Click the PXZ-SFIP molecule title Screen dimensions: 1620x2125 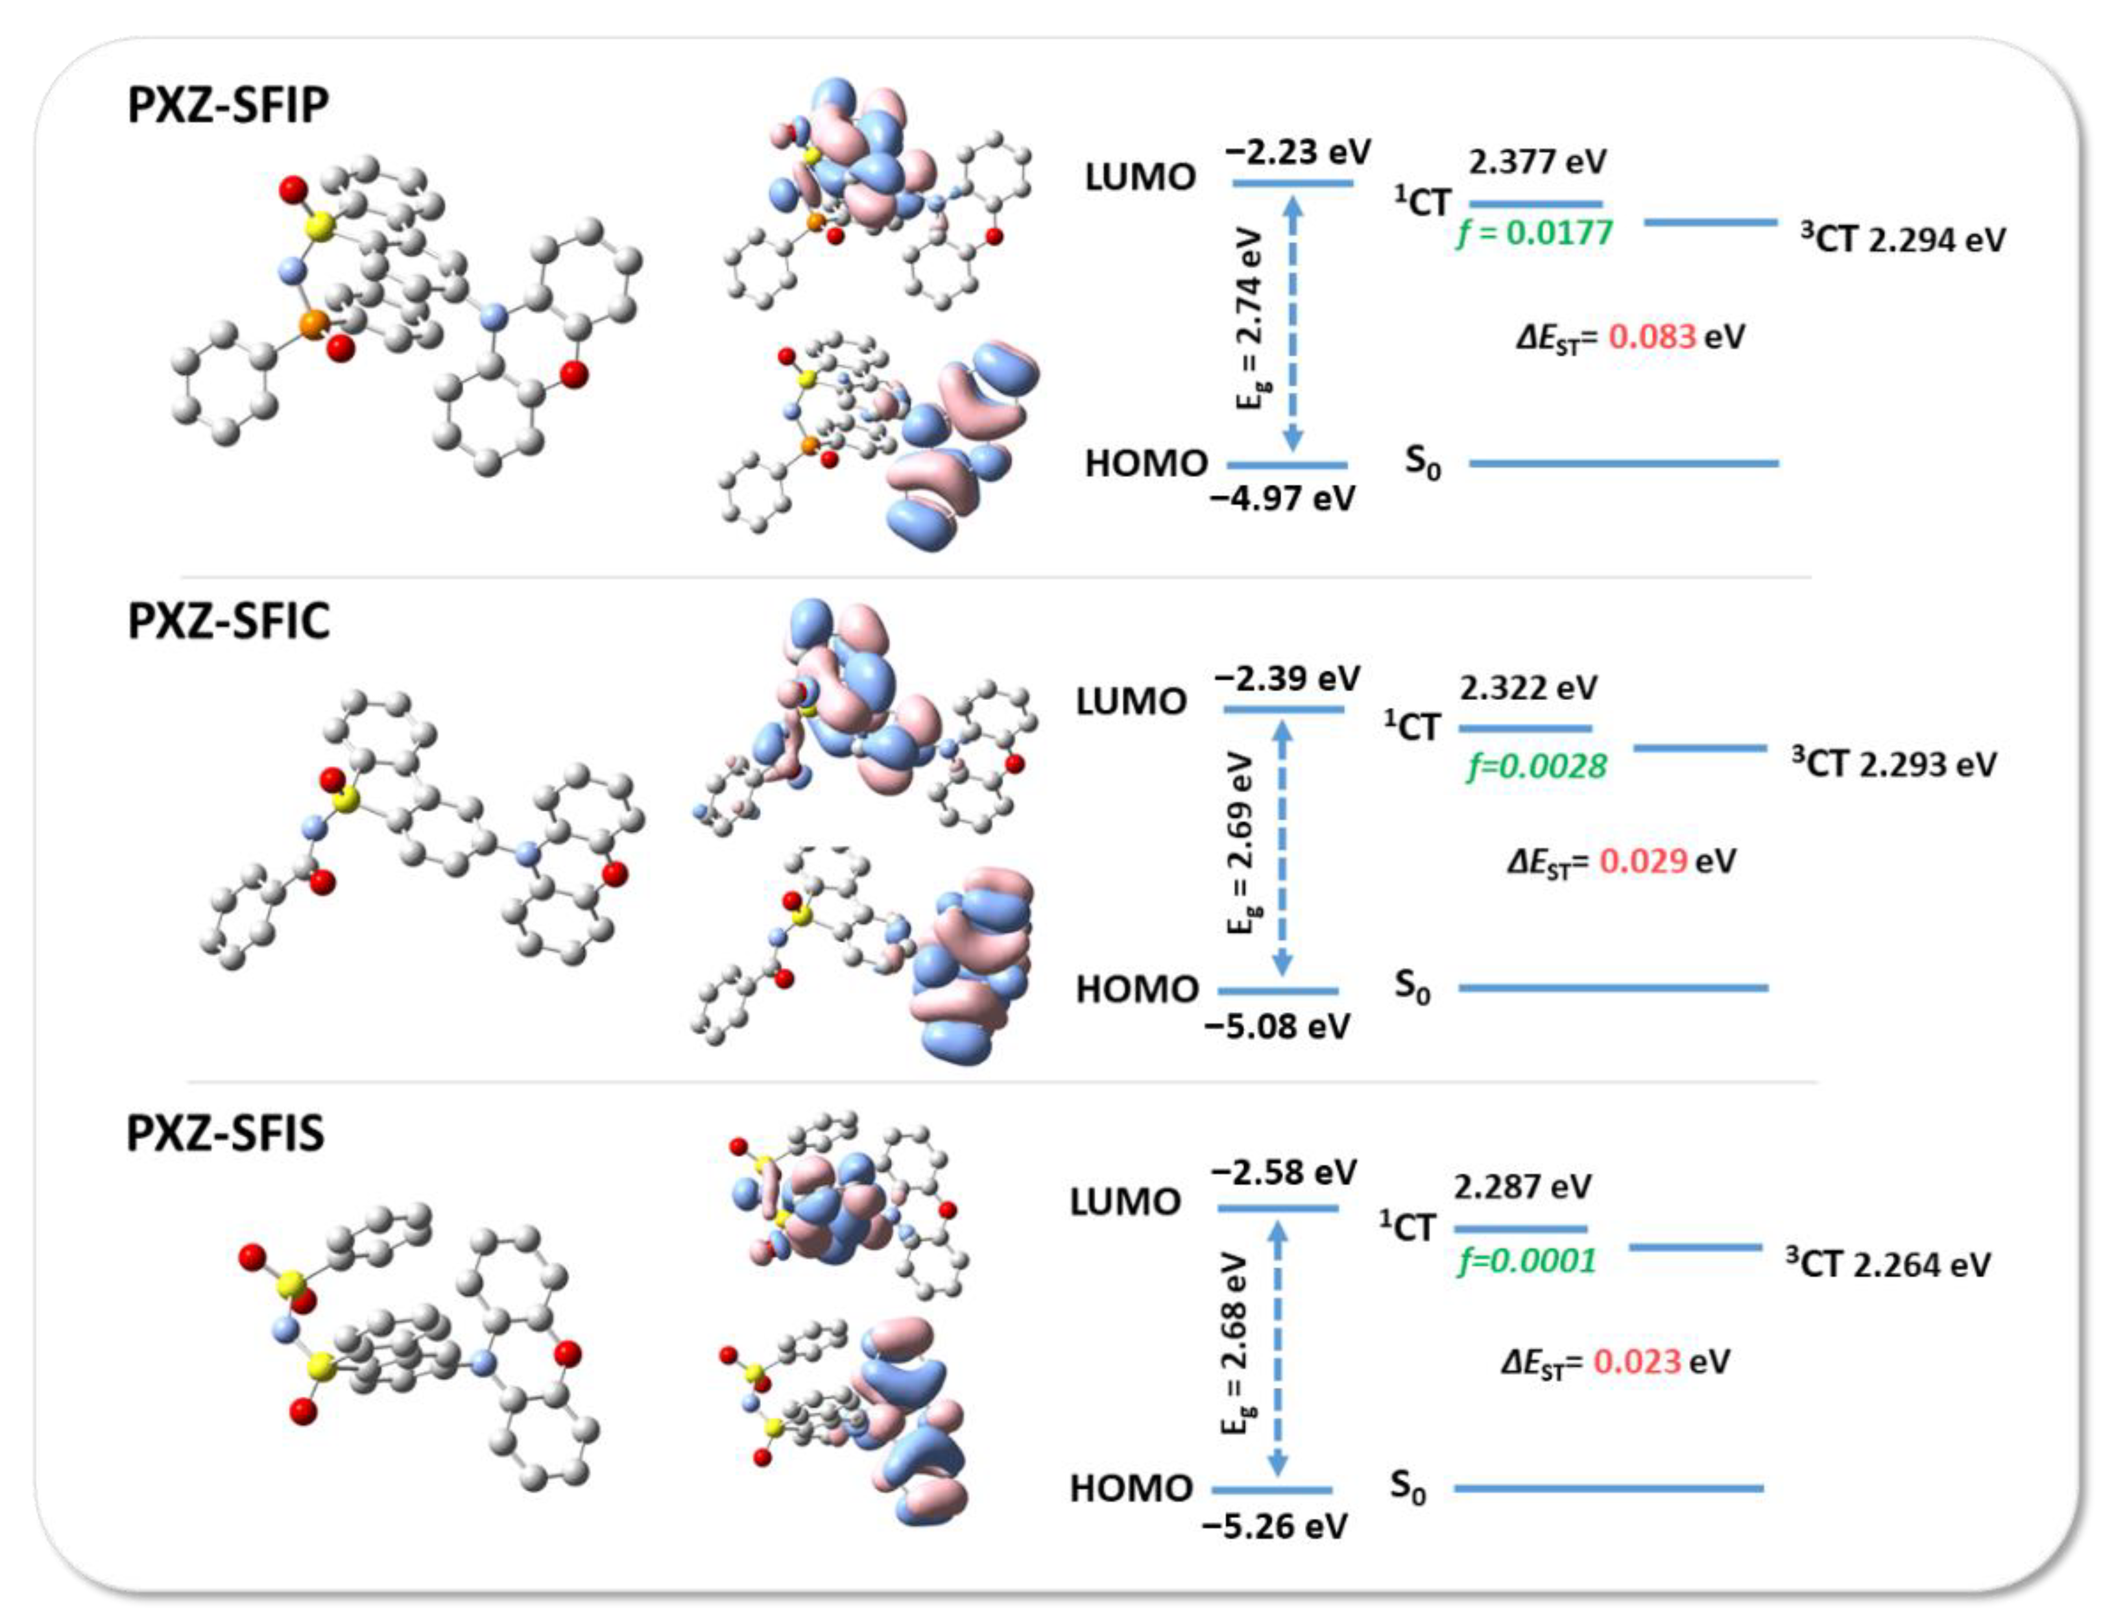pyautogui.click(x=228, y=105)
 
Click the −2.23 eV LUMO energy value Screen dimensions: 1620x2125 pyautogui.click(x=1298, y=152)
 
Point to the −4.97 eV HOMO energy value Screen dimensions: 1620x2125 pyautogui.click(x=1283, y=498)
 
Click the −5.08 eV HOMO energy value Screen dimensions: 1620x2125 pyautogui.click(x=1277, y=1026)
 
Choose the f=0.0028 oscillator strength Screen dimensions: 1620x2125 pyautogui.click(x=1537, y=767)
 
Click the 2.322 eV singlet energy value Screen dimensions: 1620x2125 pyautogui.click(x=1528, y=688)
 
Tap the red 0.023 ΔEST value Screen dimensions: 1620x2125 pyautogui.click(x=1636, y=1362)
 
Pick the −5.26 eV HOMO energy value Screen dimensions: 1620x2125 pyautogui.click(x=1274, y=1527)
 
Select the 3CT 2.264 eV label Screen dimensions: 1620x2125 pyautogui.click(x=1888, y=1264)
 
